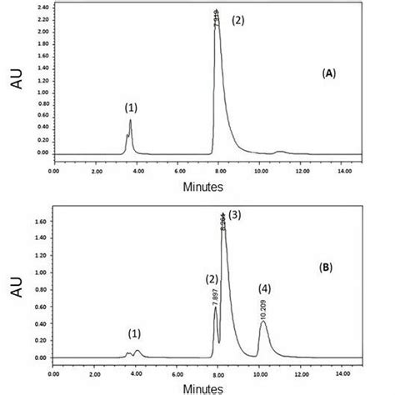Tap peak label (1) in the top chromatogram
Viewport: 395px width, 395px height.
[x=131, y=107]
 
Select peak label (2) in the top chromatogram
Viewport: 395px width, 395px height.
[x=237, y=20]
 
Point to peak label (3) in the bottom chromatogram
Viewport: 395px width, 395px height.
[x=235, y=215]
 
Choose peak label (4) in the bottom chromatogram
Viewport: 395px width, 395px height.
[x=264, y=288]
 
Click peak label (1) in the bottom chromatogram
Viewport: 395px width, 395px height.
[x=134, y=333]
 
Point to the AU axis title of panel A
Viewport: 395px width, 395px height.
[x=17, y=84]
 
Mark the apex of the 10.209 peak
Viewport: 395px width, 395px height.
[x=263, y=322]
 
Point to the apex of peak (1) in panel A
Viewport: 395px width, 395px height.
[x=130, y=121]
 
